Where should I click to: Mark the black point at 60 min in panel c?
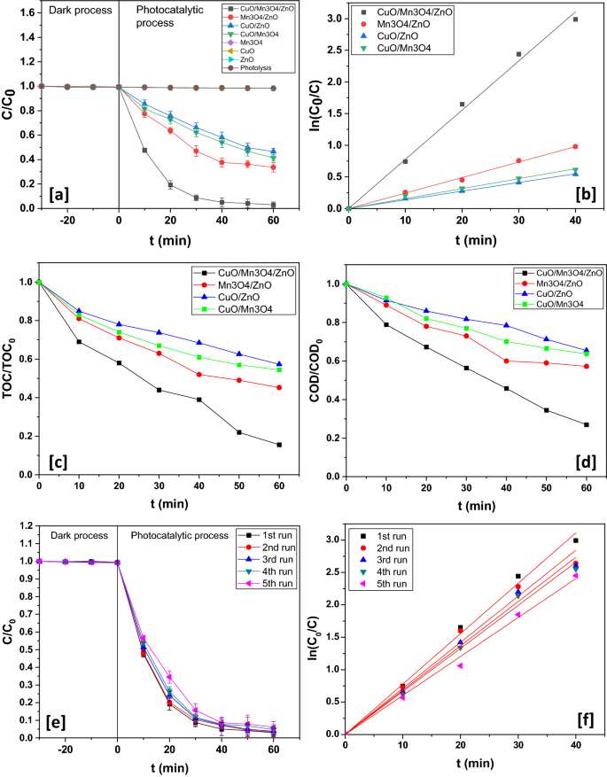tap(279, 445)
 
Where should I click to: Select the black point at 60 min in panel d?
tap(586, 424)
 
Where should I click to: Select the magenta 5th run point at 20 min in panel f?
tap(460, 665)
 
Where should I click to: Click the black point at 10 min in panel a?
tap(144, 150)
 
